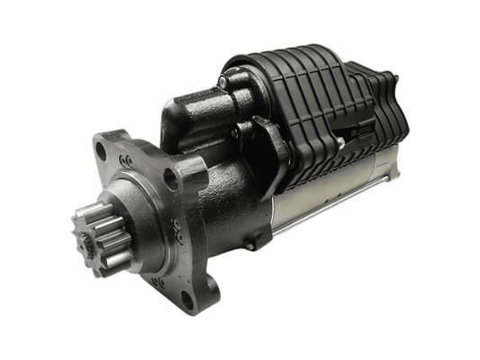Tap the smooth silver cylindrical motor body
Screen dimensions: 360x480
tap(342, 189)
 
